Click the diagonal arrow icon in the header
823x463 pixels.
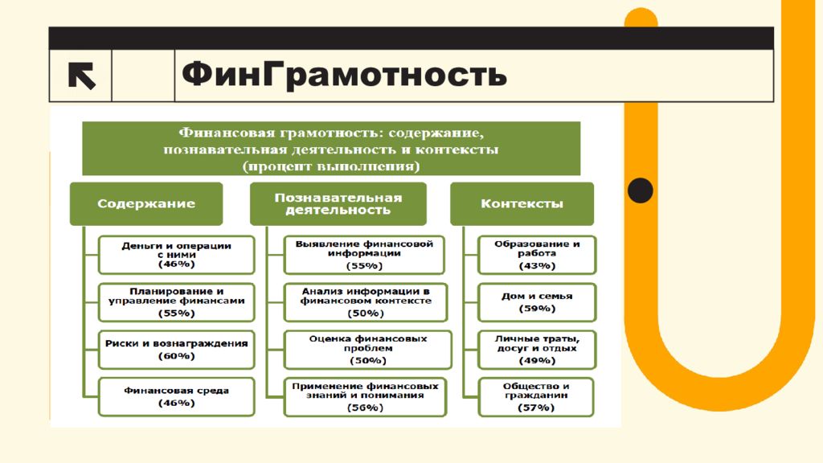click(81, 76)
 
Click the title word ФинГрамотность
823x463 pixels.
click(344, 75)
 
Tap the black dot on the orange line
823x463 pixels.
click(641, 190)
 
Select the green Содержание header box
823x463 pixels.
click(146, 203)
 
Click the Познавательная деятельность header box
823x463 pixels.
click(338, 203)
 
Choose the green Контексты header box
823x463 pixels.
click(522, 203)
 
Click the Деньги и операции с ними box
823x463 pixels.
click(176, 255)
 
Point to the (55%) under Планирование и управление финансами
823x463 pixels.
click(176, 313)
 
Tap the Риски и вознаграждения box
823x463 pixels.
click(176, 350)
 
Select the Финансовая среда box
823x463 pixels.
click(176, 397)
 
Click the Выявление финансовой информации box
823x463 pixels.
click(364, 255)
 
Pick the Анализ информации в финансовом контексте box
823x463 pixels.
click(366, 302)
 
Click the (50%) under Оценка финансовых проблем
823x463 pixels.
click(367, 361)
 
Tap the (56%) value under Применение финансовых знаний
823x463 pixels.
click(366, 408)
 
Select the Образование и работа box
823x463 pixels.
click(537, 255)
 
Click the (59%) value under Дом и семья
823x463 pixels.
click(537, 309)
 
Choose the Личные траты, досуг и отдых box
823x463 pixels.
click(537, 350)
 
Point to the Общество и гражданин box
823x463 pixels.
click(536, 397)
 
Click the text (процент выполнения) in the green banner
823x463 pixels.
click(331, 166)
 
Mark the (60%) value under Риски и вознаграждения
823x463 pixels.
click(176, 356)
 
